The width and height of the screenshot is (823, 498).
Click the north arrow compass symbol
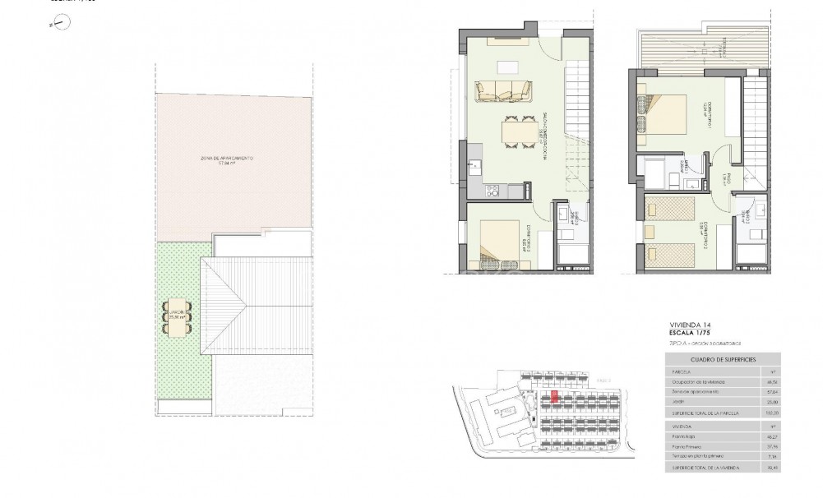click(x=58, y=24)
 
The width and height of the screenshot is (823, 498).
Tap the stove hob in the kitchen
click(x=492, y=191)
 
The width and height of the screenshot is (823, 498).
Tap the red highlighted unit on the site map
click(x=554, y=397)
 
